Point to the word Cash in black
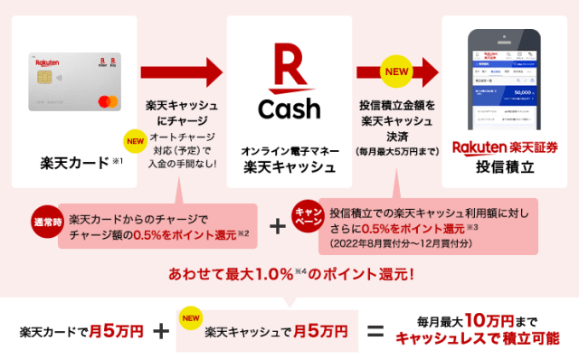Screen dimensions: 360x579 tap(289, 109)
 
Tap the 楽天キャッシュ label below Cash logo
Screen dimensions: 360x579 tap(289, 166)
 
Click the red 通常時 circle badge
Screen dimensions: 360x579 tap(48, 222)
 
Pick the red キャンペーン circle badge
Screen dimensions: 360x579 tap(308, 216)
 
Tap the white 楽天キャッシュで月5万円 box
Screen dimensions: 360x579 tap(268, 331)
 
